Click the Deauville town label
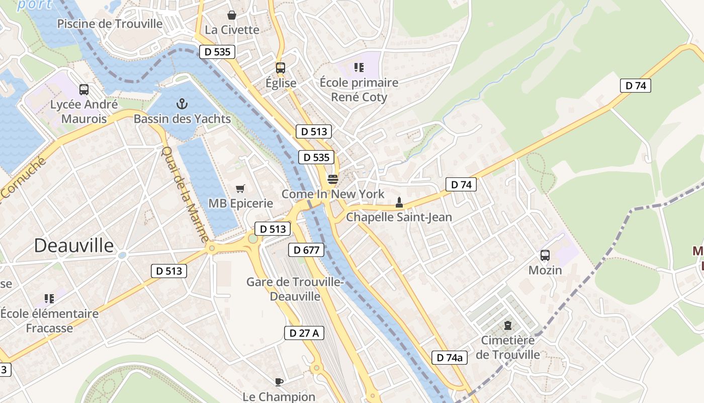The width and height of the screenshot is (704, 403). click(x=74, y=246)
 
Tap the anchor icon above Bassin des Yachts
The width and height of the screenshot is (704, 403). click(x=182, y=104)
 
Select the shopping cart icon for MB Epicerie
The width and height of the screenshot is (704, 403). click(x=240, y=189)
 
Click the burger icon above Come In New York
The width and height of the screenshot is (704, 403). click(x=332, y=179)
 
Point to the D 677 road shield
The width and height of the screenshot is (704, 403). click(x=306, y=250)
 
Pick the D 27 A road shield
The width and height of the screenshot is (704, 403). click(x=304, y=333)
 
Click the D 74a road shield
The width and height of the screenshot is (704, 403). click(x=450, y=358)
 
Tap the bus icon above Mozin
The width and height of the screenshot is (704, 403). click(x=545, y=255)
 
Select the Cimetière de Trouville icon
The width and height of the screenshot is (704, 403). click(x=508, y=325)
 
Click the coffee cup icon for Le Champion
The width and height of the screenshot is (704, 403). click(x=279, y=382)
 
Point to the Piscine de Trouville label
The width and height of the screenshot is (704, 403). click(x=110, y=24)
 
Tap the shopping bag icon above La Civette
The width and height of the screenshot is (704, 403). click(x=232, y=15)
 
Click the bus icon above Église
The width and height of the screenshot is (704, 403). click(x=281, y=68)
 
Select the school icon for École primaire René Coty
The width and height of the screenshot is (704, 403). click(x=359, y=68)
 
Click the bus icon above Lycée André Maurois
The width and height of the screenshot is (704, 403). click(x=84, y=90)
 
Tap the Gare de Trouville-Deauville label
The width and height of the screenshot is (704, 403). click(x=295, y=289)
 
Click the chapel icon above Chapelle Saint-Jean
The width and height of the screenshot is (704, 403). click(x=399, y=203)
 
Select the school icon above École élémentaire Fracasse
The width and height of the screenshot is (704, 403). click(x=49, y=299)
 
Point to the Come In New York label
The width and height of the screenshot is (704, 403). click(x=333, y=194)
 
